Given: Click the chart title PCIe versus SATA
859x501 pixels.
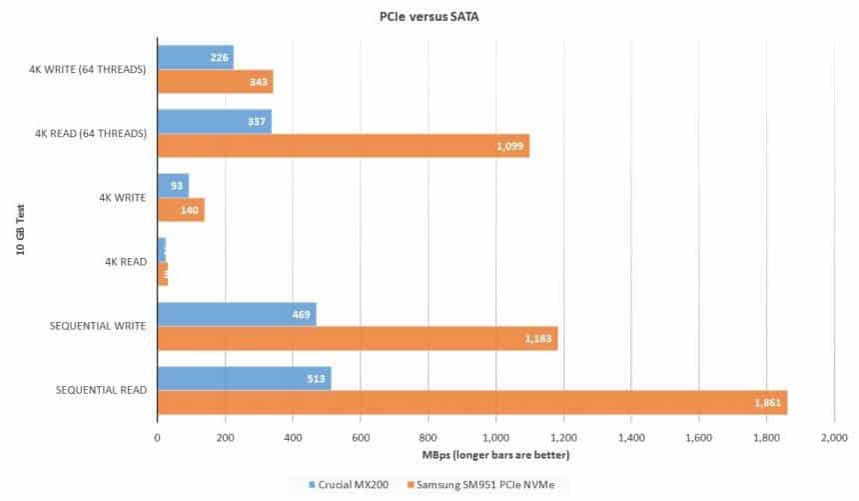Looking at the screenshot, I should click(429, 16).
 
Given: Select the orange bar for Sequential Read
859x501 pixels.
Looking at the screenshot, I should click(471, 403).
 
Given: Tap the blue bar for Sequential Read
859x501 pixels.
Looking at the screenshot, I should click(244, 378).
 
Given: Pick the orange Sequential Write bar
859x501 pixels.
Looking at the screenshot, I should click(357, 339).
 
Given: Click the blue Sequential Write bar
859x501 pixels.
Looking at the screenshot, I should click(237, 314).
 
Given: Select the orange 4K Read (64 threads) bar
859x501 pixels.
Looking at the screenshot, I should click(343, 146).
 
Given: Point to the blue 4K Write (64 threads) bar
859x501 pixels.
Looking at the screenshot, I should click(195, 57).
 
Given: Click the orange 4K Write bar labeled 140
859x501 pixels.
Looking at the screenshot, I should click(181, 210).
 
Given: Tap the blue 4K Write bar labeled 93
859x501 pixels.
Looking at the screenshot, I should click(173, 185).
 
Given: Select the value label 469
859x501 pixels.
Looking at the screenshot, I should click(299, 314).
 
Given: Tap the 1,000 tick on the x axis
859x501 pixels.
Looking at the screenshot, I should click(495, 438).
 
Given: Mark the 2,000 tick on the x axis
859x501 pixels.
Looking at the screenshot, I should click(834, 438).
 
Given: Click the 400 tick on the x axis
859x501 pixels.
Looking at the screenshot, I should click(293, 438).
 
